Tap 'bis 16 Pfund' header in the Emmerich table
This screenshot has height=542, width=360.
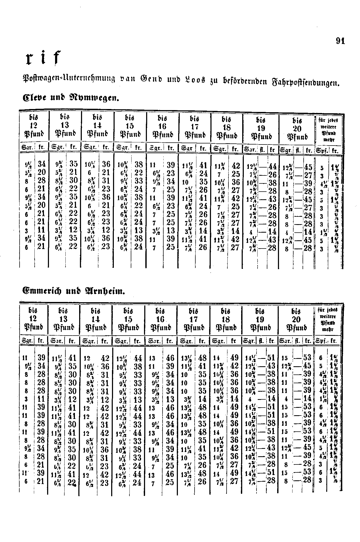[x=161, y=319]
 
